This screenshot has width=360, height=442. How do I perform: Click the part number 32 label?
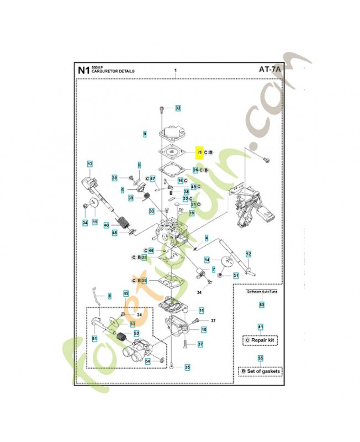click(178, 108)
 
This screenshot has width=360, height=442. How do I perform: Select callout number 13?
click(89, 164)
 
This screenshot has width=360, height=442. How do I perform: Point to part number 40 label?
click(106, 225)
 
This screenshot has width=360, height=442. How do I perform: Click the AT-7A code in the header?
click(269, 70)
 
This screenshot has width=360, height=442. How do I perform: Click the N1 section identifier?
click(83, 70)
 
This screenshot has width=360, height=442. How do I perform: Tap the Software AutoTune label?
click(261, 290)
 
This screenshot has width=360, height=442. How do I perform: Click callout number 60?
click(262, 304)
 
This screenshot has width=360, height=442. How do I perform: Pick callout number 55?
click(261, 358)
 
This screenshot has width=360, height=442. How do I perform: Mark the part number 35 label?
click(187, 367)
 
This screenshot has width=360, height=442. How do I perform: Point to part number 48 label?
click(114, 233)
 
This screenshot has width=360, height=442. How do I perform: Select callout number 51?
click(94, 339)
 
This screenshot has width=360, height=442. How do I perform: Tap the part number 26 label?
click(195, 170)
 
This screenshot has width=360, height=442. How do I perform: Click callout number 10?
click(204, 329)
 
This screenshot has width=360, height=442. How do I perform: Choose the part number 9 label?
click(145, 134)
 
